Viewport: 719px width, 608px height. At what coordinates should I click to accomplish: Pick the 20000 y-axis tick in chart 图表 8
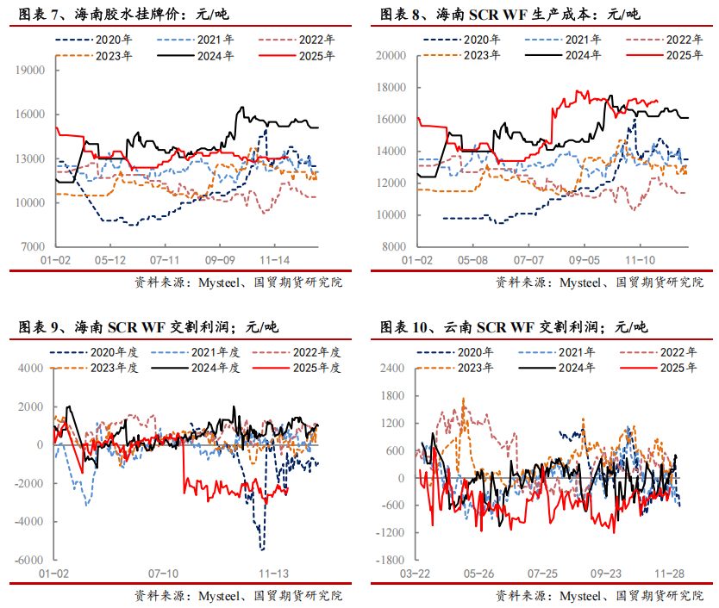click(x=392, y=55)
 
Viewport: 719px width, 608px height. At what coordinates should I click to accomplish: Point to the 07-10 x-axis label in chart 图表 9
click(x=163, y=573)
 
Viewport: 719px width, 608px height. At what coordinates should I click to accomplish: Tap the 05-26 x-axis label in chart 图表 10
click(x=479, y=573)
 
